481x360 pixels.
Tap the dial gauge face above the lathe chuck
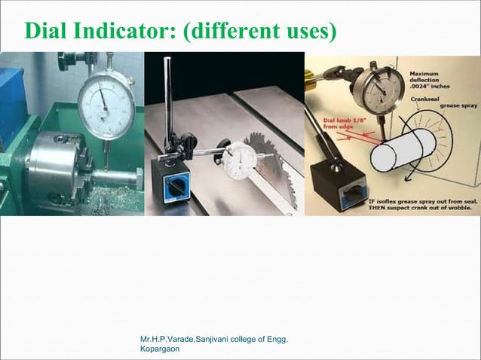pyautogui.click(x=105, y=106)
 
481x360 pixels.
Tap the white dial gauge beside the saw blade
pyautogui.click(x=240, y=157)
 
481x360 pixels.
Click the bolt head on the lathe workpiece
pyautogui.click(x=127, y=182)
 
